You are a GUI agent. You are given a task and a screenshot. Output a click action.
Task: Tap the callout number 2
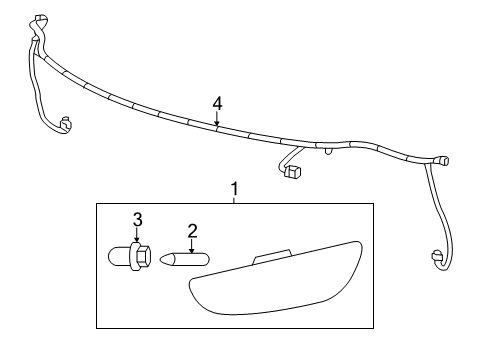(x=192, y=231)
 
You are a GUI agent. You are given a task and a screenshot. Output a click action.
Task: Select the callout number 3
(x=139, y=219)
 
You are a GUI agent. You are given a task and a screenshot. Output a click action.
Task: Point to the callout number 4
(x=217, y=103)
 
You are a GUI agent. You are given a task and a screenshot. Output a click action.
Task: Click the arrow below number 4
(x=217, y=121)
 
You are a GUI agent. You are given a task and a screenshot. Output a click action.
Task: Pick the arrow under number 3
(x=139, y=234)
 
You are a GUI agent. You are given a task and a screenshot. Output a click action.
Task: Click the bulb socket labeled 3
(x=129, y=256)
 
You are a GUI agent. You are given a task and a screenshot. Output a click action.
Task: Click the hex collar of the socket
(x=140, y=256)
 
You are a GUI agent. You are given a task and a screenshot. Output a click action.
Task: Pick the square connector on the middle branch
(x=294, y=173)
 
